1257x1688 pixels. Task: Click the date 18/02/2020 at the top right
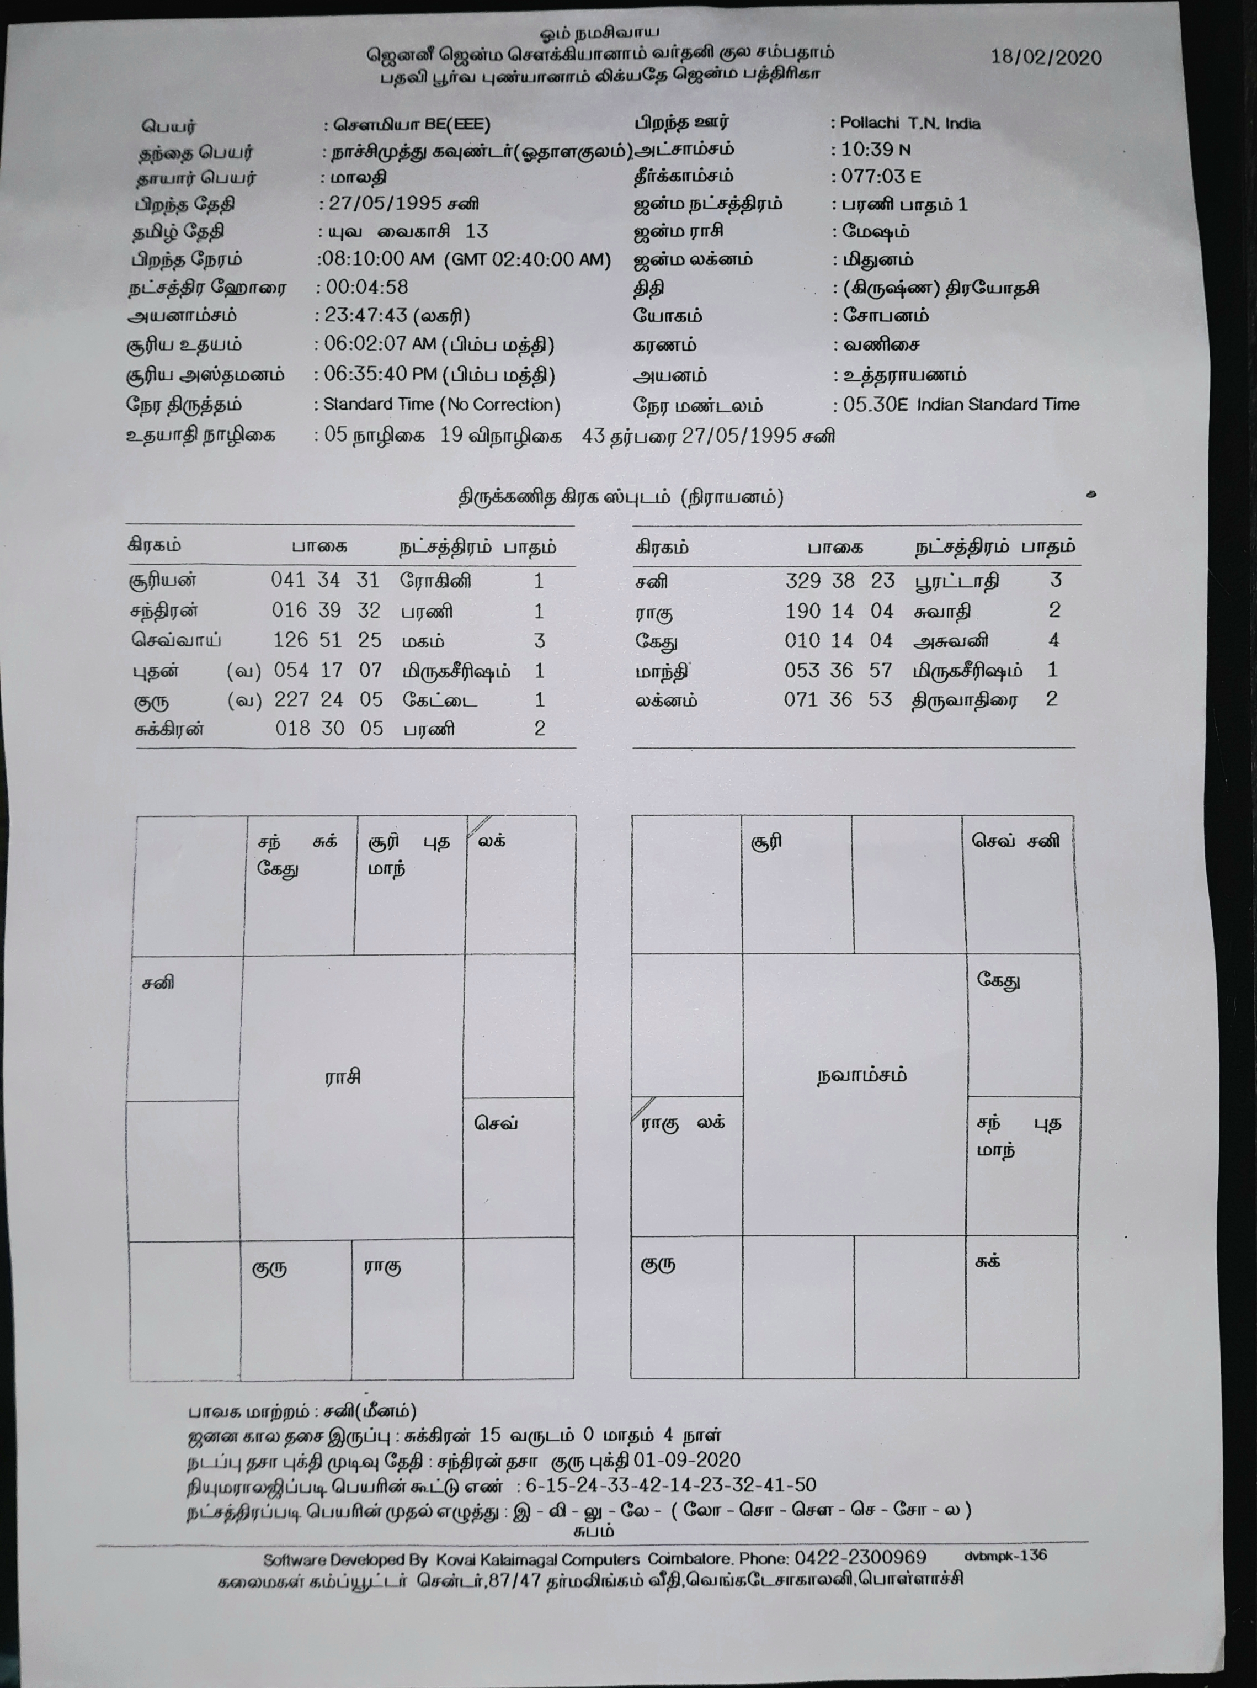coord(1046,58)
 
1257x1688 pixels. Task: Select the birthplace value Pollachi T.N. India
coord(910,123)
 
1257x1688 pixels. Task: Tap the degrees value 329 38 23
coord(839,581)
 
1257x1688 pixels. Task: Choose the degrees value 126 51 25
coord(327,640)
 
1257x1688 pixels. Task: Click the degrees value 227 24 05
coord(327,699)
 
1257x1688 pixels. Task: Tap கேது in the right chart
coord(998,981)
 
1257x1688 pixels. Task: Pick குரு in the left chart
coord(269,1268)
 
